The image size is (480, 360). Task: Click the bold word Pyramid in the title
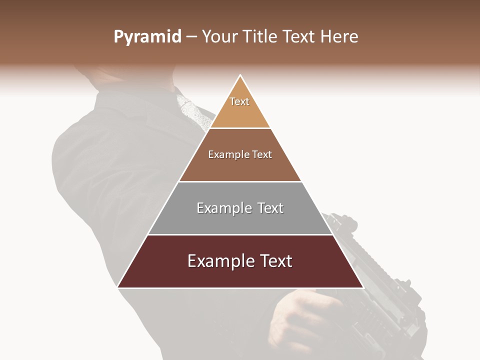147,37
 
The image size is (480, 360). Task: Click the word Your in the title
220,37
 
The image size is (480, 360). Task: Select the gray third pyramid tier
240,220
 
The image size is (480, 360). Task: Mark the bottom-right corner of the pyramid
362,287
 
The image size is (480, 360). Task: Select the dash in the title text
191,37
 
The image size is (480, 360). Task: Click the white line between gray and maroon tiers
240,234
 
